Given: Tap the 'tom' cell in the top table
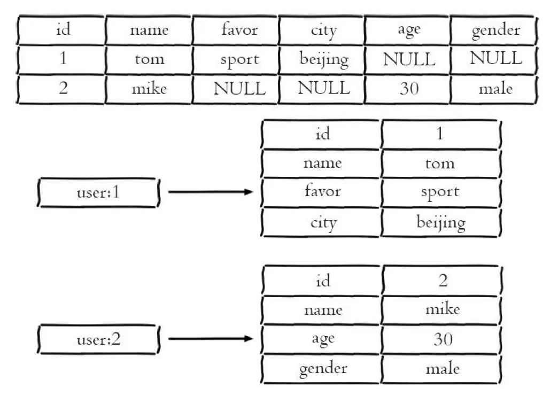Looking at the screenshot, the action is (x=149, y=59).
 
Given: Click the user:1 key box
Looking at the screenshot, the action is (x=98, y=192).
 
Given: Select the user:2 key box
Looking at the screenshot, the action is (x=98, y=339).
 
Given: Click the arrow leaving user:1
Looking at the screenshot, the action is (x=211, y=192).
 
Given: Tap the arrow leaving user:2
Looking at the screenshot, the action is (x=211, y=338).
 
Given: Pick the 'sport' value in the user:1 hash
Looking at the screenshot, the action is (x=440, y=192).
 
